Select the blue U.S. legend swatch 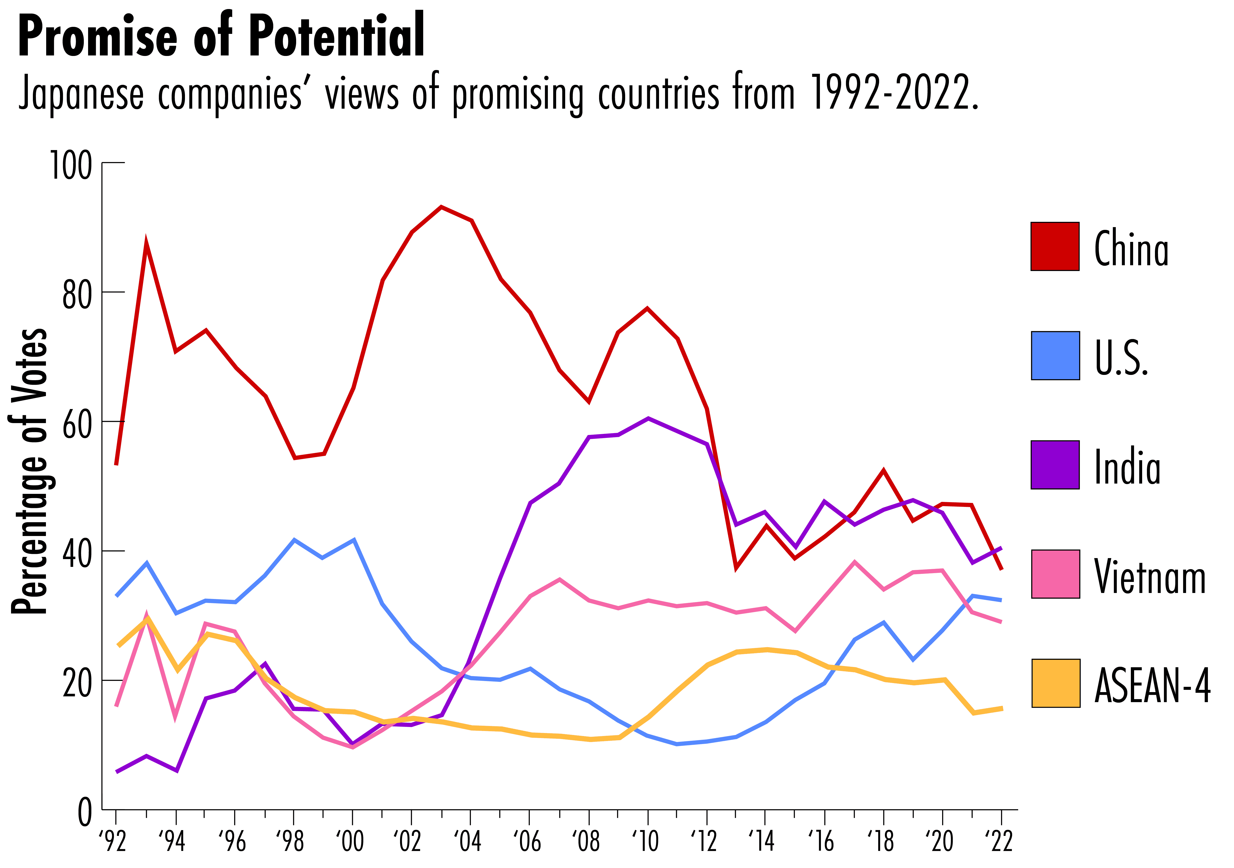tap(1055, 356)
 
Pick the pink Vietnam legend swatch tap(1055, 574)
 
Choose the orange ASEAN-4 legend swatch tap(1056, 683)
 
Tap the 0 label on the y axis tap(85, 813)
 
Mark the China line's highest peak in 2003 tap(441, 207)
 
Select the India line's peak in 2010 tap(648, 418)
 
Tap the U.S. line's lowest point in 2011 tap(677, 744)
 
